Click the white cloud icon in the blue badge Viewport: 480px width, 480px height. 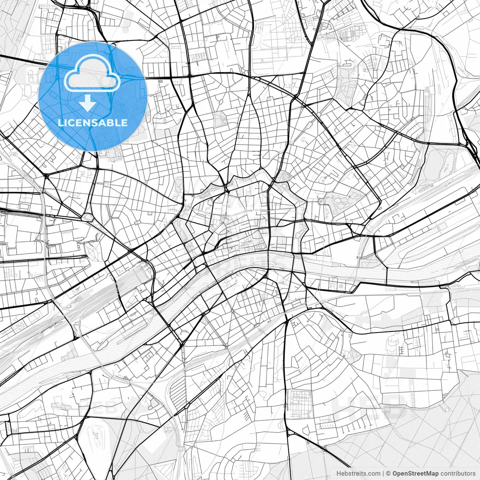pyautogui.click(x=92, y=75)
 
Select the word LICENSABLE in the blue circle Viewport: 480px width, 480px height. pyautogui.click(x=93, y=123)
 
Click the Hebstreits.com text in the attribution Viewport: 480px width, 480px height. pyautogui.click(x=358, y=474)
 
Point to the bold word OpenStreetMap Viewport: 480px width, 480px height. pyautogui.click(x=415, y=474)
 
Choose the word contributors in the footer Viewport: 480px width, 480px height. pyautogui.click(x=458, y=474)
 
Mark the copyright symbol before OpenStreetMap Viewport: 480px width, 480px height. pyautogui.click(x=388, y=474)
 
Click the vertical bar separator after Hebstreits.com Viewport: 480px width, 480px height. pyautogui.click(x=383, y=474)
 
